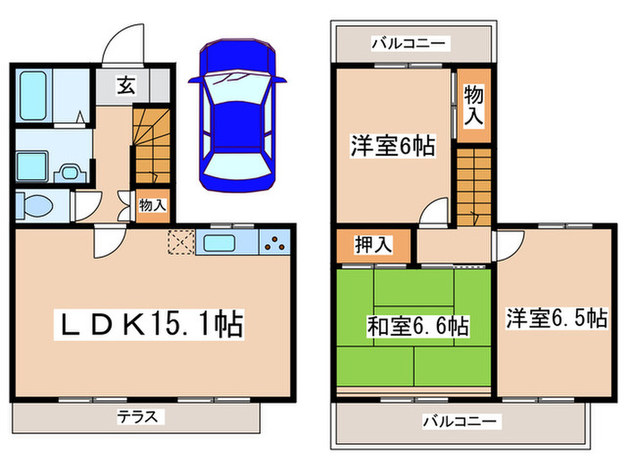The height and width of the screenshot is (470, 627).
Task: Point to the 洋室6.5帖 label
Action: (x=556, y=318)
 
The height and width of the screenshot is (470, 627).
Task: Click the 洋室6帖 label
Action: (x=392, y=146)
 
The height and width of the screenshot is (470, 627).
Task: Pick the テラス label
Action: (x=138, y=416)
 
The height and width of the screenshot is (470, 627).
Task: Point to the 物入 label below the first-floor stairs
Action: (x=151, y=205)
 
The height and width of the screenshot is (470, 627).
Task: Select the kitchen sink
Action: (x=218, y=242)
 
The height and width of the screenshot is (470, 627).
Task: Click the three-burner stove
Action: (x=275, y=242)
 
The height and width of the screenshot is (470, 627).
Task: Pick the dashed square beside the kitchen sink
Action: (x=180, y=242)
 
